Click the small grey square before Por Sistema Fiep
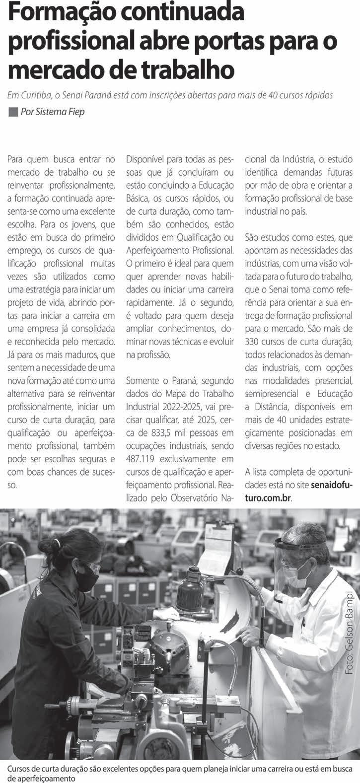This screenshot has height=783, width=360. click(13, 111)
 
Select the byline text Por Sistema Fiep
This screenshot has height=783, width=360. click(53, 112)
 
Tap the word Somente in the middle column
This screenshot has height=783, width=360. click(144, 381)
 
